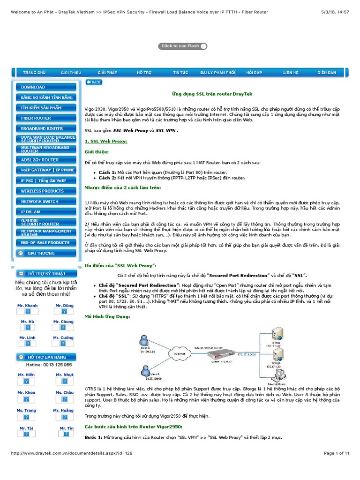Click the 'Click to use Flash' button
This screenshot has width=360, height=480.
point(183,46)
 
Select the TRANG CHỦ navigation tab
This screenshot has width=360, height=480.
point(34,73)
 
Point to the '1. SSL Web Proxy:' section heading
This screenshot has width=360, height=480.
point(106,141)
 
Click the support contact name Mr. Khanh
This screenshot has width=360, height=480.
point(28,306)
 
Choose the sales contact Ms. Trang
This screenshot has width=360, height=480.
point(27,411)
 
